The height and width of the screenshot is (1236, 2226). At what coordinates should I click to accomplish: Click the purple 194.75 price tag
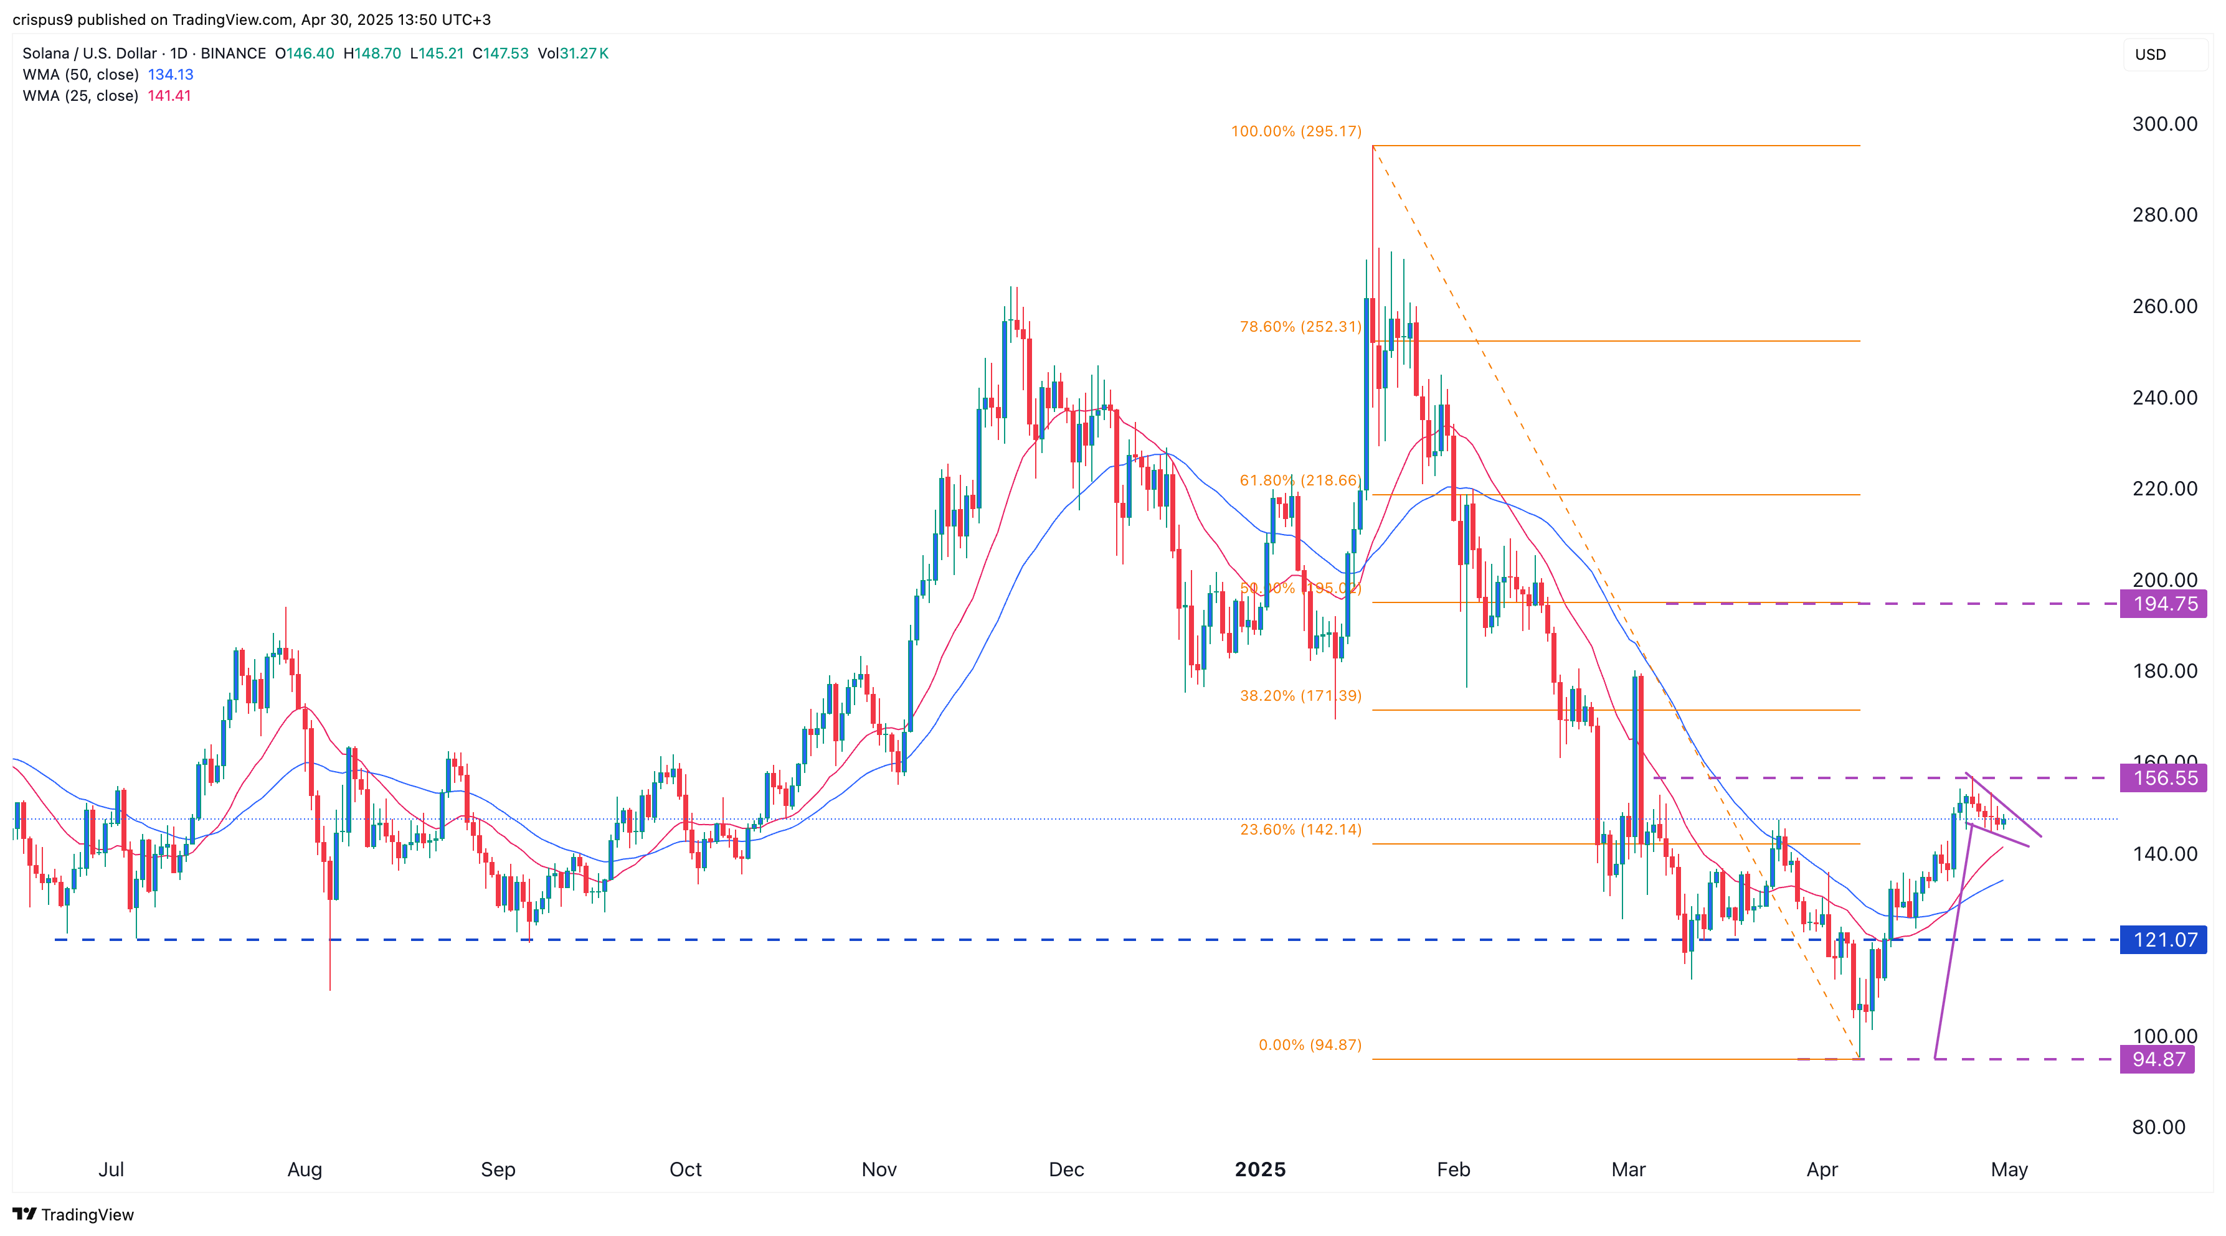click(x=2163, y=604)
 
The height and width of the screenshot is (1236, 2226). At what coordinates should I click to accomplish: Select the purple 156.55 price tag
click(x=2163, y=778)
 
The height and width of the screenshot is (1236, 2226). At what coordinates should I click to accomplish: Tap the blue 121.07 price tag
click(x=2163, y=940)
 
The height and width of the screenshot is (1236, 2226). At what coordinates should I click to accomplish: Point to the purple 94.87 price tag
click(x=2157, y=1059)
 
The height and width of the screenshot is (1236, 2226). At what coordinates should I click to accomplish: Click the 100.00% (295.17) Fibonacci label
click(x=1295, y=131)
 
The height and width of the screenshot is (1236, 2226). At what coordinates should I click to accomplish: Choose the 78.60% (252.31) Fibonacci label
click(x=1300, y=327)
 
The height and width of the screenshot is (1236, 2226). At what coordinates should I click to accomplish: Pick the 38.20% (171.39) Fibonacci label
click(x=1300, y=695)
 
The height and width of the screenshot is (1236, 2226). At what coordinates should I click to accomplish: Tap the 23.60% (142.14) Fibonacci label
click(x=1300, y=829)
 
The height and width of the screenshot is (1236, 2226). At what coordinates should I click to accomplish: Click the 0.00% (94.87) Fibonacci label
click(x=1309, y=1045)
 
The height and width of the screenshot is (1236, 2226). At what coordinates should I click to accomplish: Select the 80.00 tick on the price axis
click(x=2157, y=1127)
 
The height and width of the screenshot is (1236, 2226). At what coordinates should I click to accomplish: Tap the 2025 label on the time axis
click(x=1260, y=1169)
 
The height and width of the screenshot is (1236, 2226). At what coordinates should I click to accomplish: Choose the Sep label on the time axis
click(x=498, y=1169)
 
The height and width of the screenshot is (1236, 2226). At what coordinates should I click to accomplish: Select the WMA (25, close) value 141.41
click(x=169, y=96)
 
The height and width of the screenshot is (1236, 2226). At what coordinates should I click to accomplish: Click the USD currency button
click(x=2150, y=54)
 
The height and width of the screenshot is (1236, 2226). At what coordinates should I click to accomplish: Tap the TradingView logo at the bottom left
click(x=73, y=1214)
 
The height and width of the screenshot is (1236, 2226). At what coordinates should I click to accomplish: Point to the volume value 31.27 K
click(x=584, y=54)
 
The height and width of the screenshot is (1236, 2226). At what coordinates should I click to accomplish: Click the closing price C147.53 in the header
click(x=500, y=54)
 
